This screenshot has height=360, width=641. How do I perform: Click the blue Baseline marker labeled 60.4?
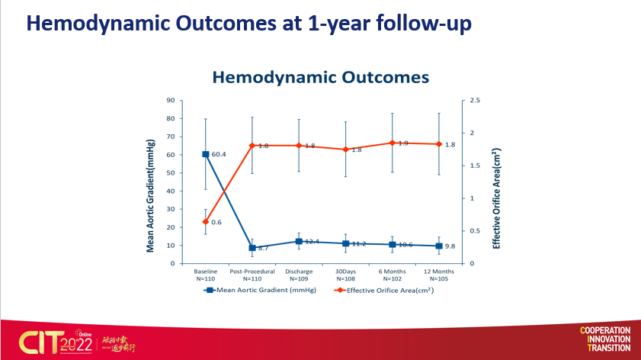click(x=206, y=154)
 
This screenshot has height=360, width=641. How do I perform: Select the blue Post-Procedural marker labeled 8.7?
click(x=252, y=248)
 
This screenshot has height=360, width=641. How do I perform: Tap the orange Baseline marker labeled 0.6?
click(x=206, y=222)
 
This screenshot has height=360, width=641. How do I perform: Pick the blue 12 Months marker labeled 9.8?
click(x=439, y=246)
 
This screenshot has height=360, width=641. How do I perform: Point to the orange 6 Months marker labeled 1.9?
click(x=393, y=143)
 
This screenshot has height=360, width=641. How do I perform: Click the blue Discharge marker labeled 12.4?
click(x=299, y=241)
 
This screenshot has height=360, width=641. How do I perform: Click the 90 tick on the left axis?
click(x=171, y=100)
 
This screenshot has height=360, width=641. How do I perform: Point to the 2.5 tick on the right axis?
click(x=475, y=100)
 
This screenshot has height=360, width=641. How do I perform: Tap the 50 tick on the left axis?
click(x=171, y=172)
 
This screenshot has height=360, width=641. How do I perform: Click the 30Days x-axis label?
click(x=346, y=272)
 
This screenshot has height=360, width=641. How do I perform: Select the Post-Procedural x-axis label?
click(x=252, y=272)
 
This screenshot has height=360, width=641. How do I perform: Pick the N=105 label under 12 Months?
click(x=439, y=278)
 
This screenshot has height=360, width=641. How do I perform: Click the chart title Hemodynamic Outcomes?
click(x=320, y=77)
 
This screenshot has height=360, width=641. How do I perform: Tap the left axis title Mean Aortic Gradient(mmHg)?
click(x=150, y=182)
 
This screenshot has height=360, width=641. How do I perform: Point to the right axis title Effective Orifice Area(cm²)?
click(x=497, y=198)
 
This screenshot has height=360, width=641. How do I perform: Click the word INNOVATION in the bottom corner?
click(x=605, y=339)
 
